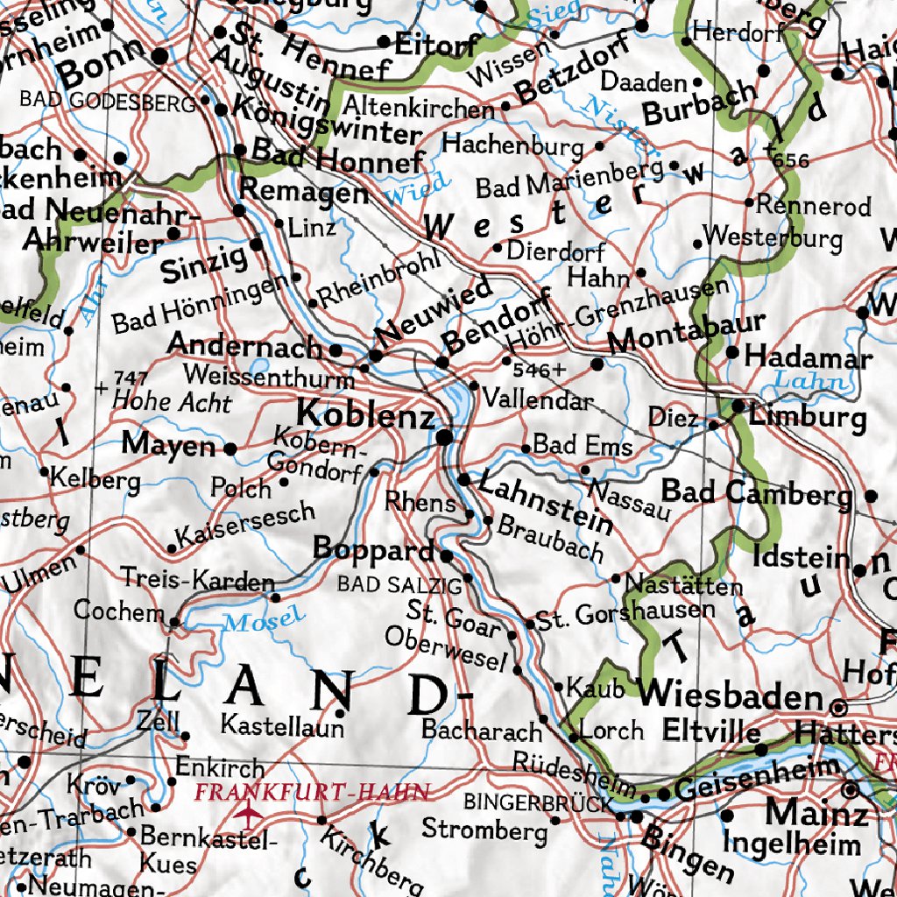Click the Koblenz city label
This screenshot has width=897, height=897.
[366, 413]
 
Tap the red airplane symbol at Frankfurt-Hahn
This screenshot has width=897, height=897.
[251, 817]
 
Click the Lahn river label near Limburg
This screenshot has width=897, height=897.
[811, 381]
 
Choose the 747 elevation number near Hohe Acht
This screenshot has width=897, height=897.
[131, 378]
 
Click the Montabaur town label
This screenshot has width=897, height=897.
[687, 334]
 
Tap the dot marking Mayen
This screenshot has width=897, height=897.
[230, 448]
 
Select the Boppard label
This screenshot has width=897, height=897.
[374, 549]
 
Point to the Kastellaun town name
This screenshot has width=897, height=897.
[282, 725]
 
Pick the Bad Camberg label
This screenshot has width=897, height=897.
[756, 493]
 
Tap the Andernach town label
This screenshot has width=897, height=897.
[245, 345]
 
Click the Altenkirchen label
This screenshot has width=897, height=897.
[419, 108]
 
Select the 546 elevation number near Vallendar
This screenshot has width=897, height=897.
[533, 370]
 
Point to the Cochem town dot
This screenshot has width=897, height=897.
[173, 623]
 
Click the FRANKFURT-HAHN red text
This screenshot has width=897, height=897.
[313, 793]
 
